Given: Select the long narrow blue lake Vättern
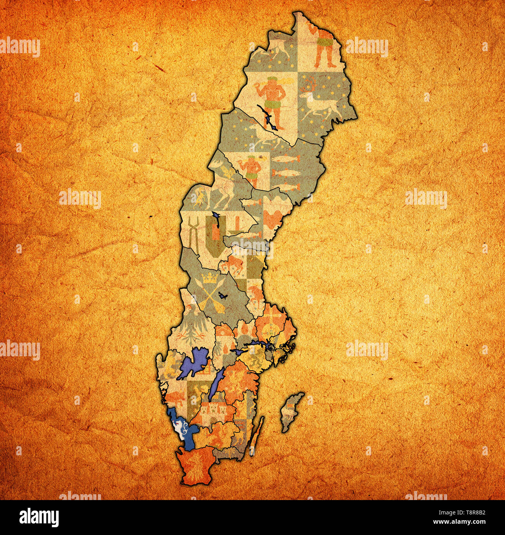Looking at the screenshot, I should click(x=215, y=385).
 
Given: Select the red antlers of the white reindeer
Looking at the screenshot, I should click(x=311, y=82).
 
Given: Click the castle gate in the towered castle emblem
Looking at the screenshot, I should click(x=211, y=420).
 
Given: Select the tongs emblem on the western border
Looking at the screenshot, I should click(x=193, y=233).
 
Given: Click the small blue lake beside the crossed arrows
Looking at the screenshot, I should click(x=222, y=296).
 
